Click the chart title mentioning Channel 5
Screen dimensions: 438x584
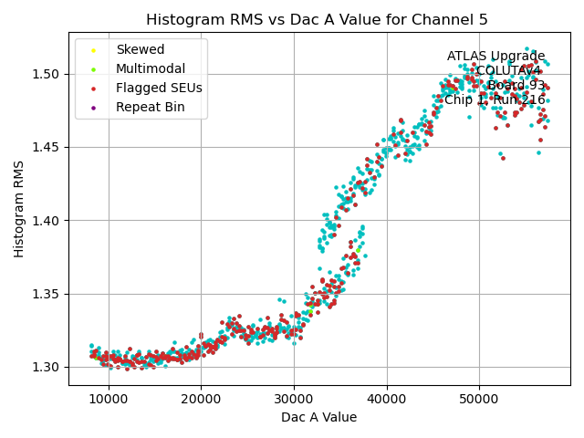318,20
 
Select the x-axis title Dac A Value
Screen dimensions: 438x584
318,418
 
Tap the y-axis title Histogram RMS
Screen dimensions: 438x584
19,209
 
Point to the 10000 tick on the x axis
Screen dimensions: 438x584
109,398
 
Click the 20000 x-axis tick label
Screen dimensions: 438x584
202,398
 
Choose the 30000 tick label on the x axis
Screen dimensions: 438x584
294,398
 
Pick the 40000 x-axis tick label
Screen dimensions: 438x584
387,398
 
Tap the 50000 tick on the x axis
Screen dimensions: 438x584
480,398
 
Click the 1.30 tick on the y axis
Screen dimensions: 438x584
47,368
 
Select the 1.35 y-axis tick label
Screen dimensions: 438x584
47,294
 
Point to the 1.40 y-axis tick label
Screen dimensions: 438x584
47,221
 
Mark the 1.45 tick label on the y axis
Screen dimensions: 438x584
47,147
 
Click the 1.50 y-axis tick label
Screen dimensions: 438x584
47,74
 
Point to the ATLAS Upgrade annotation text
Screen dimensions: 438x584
495,57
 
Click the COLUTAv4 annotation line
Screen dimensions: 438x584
508,71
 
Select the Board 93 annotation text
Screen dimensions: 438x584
515,86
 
